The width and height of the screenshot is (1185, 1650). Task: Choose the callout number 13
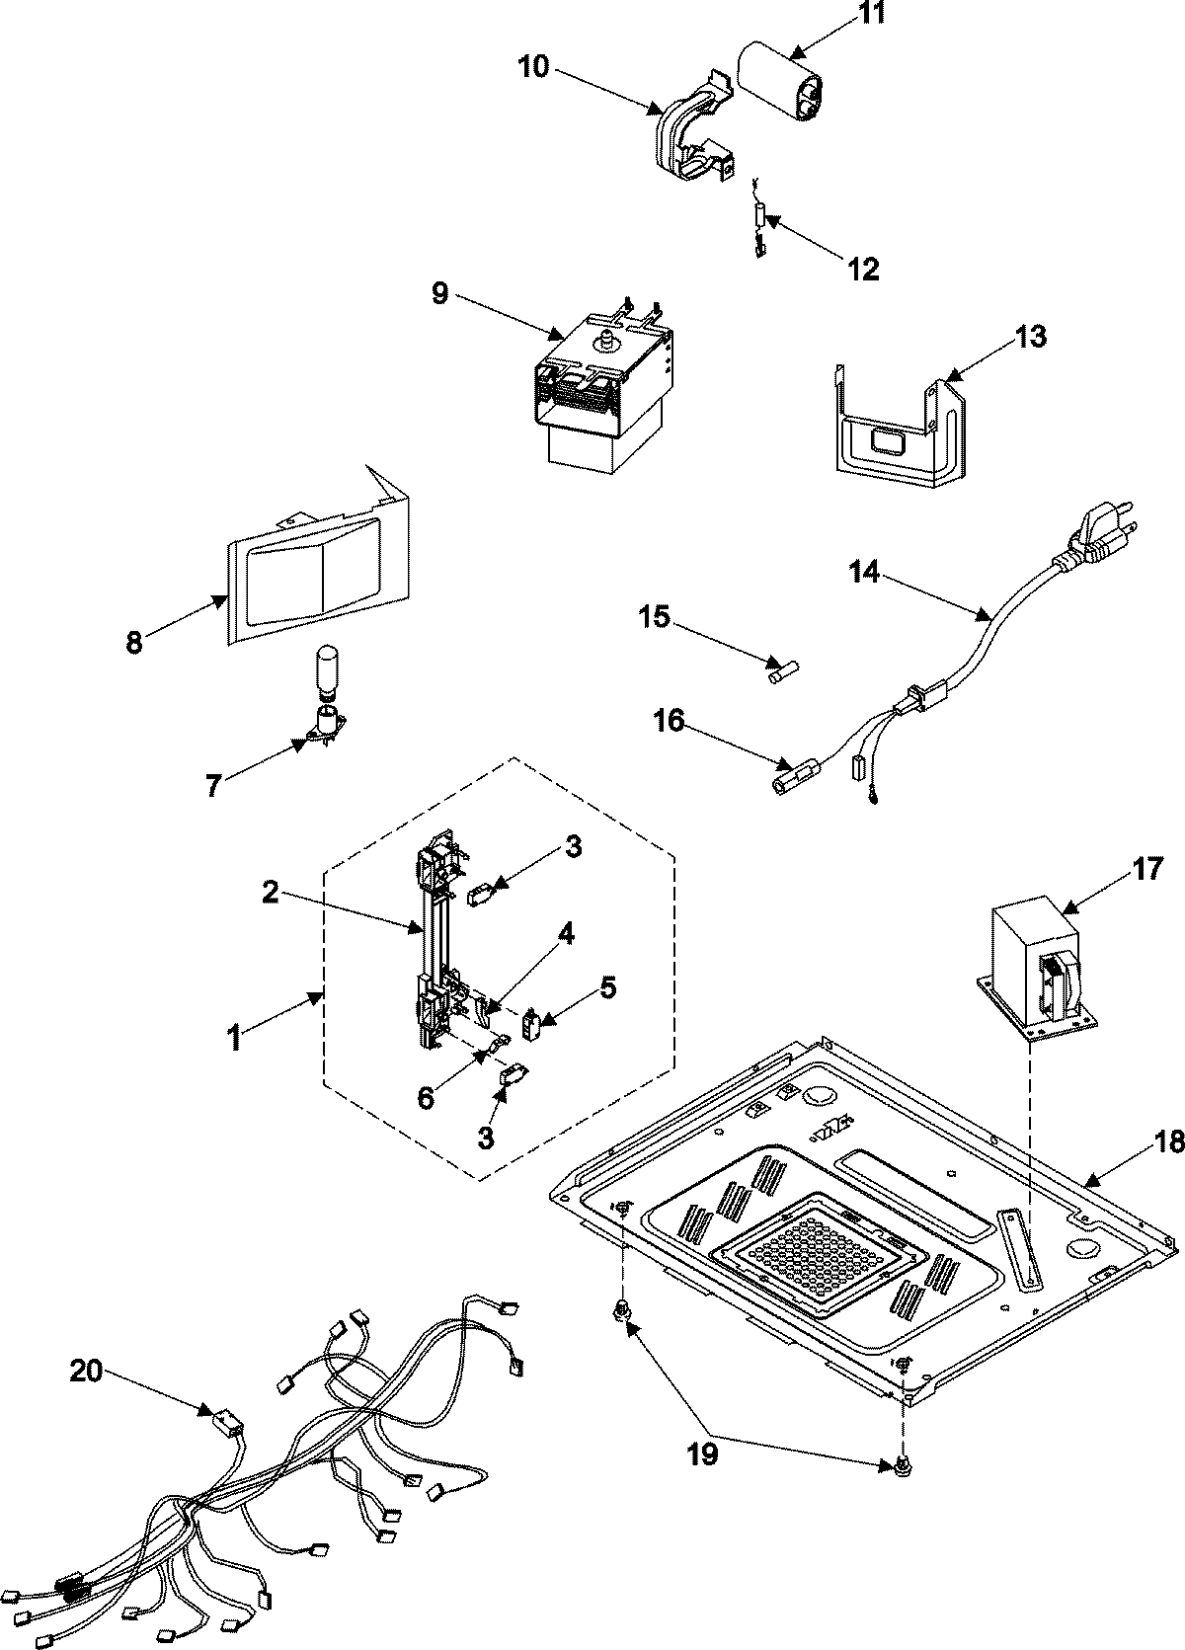click(x=1028, y=336)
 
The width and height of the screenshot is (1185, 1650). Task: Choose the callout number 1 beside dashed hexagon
click(x=234, y=1040)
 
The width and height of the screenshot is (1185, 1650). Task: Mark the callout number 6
click(x=426, y=1097)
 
